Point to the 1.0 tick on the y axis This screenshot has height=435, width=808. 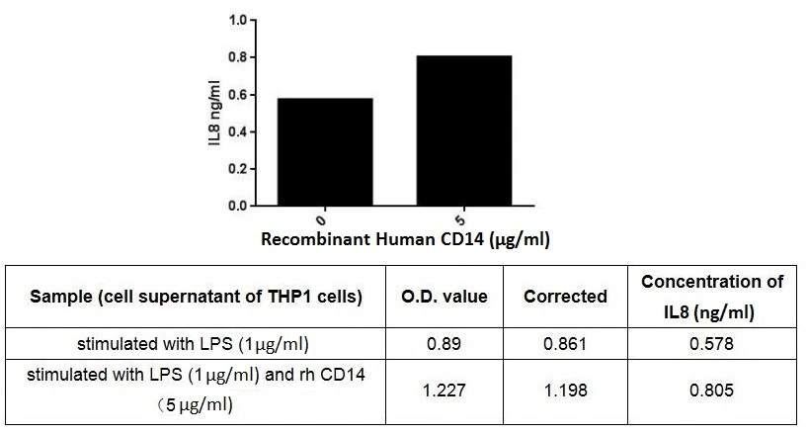(x=239, y=20)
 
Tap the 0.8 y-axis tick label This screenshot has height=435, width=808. (x=239, y=57)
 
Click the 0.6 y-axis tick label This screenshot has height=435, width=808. (x=239, y=95)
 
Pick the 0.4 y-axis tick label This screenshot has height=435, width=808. (x=239, y=131)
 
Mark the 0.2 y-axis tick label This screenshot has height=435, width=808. (x=239, y=169)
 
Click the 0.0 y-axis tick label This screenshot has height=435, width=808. (x=239, y=206)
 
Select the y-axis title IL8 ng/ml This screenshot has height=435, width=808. (x=214, y=114)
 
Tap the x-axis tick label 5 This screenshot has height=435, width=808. (x=463, y=218)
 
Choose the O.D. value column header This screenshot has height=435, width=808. (x=444, y=297)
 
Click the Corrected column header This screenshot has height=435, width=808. (x=565, y=297)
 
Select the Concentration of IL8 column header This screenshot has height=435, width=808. (x=712, y=297)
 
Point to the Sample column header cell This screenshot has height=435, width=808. (x=197, y=297)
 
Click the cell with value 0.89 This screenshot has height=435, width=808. (x=444, y=345)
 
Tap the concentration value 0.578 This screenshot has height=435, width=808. (x=712, y=345)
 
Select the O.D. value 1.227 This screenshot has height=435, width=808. (x=444, y=390)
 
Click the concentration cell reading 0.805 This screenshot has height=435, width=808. (x=712, y=390)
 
